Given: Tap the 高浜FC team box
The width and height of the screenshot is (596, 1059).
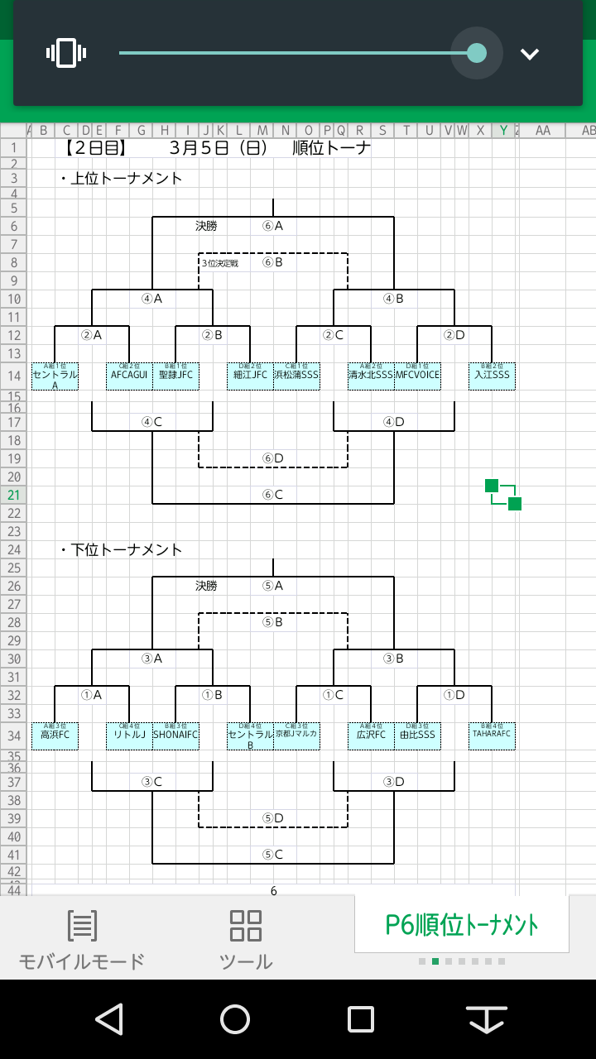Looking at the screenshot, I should (x=55, y=735).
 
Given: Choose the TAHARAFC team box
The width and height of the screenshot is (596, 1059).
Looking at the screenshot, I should (x=492, y=735).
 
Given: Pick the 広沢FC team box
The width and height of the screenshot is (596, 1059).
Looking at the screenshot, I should (x=371, y=735).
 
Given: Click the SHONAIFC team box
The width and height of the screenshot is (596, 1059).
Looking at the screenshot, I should (x=175, y=735).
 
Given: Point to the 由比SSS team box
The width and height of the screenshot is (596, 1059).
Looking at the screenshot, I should (x=417, y=735).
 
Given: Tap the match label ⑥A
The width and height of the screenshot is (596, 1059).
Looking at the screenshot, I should (x=272, y=226).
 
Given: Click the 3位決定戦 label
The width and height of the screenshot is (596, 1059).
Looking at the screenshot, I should (x=220, y=263).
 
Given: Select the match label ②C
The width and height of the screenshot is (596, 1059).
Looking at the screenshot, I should (x=333, y=335).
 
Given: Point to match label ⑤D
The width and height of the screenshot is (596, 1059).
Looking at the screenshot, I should (x=273, y=818).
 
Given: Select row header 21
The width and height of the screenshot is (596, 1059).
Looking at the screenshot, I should (x=13, y=495).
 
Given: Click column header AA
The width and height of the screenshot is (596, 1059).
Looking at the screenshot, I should (x=542, y=131).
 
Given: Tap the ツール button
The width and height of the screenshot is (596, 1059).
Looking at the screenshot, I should (x=246, y=940).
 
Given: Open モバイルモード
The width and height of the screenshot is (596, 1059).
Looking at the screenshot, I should (x=82, y=940).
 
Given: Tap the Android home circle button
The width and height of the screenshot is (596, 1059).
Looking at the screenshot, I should (x=235, y=1019).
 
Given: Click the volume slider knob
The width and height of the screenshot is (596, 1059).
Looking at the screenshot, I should (x=477, y=53).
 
